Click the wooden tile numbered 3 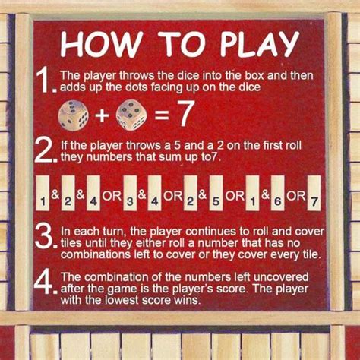tap(130, 193)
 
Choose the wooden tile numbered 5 tap(215, 193)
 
